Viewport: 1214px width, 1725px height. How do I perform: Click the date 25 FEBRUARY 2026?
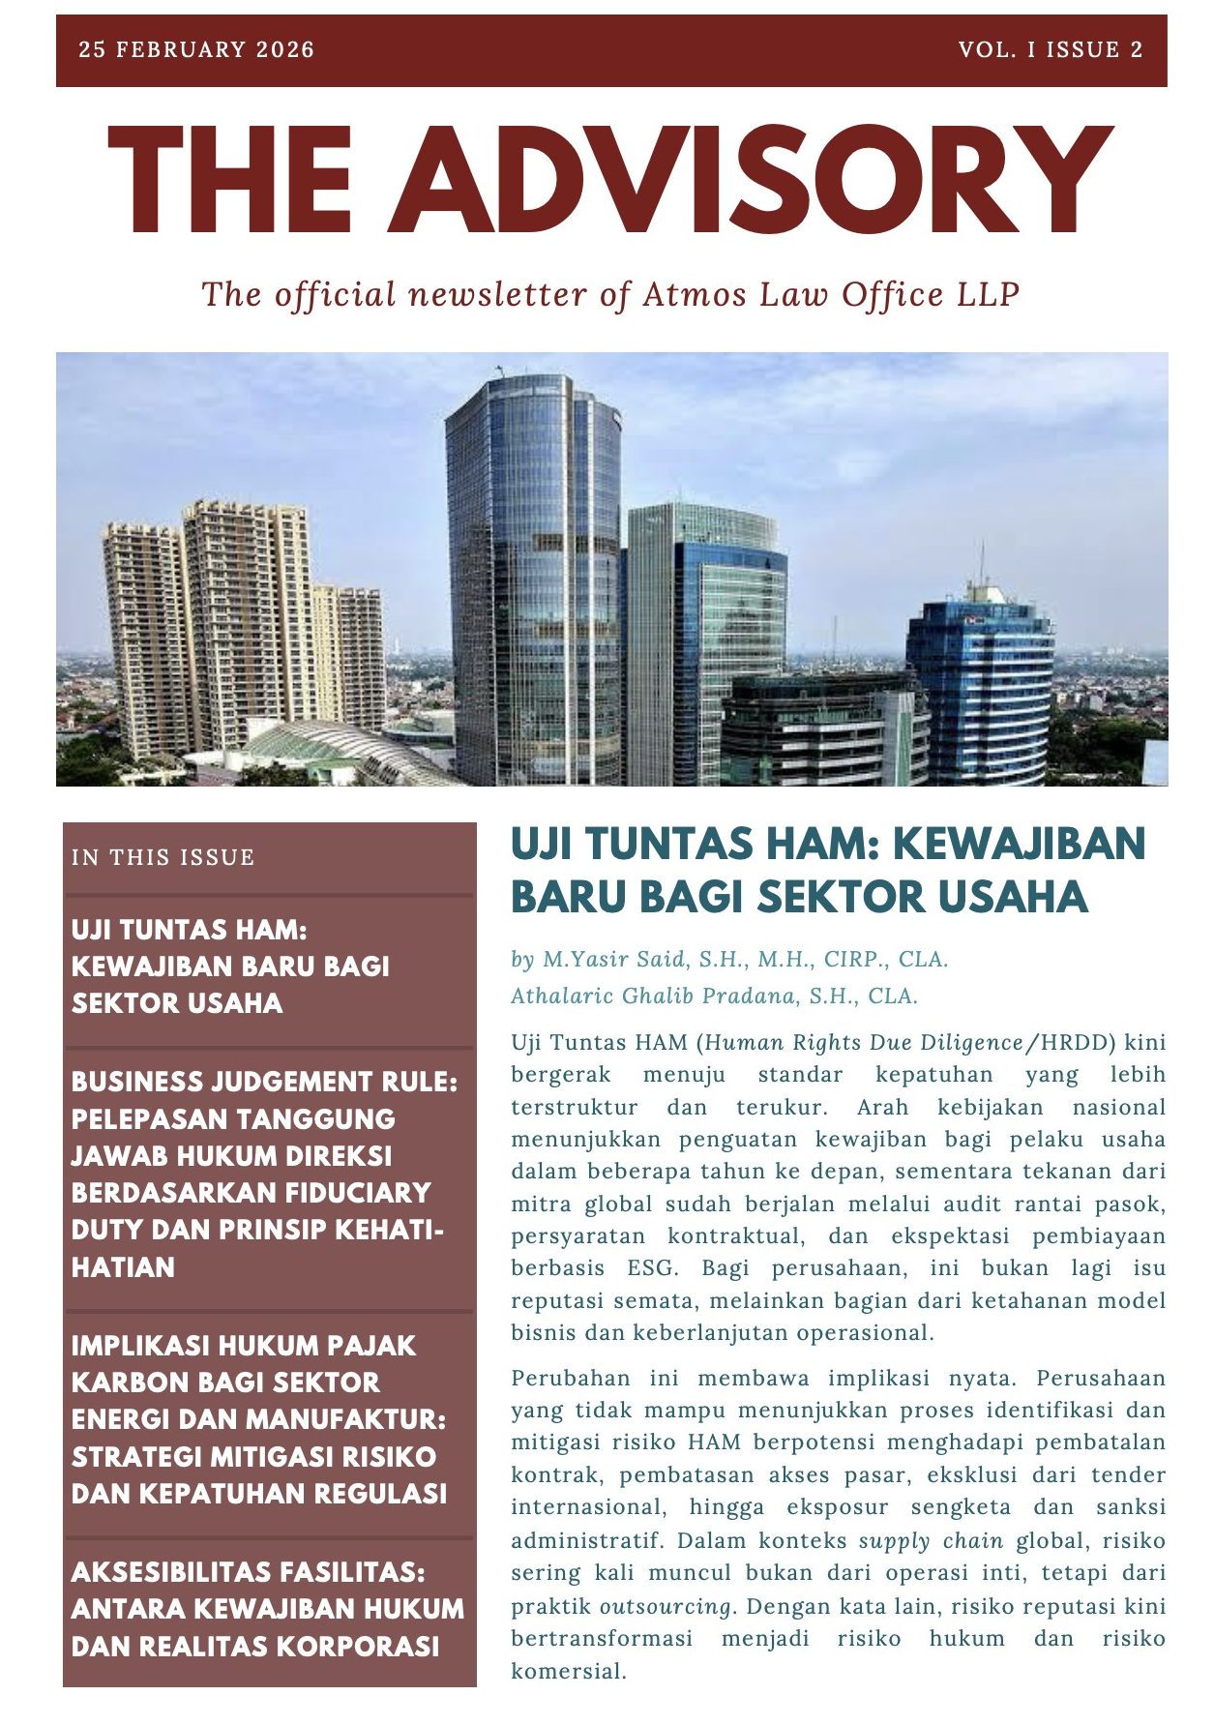(196, 50)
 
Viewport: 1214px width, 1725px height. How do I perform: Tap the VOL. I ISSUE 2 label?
(1051, 50)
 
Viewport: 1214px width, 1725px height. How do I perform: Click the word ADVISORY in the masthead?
(752, 181)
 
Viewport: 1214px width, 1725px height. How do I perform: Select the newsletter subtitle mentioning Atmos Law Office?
(610, 294)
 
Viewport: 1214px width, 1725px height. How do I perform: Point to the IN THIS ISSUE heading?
(163, 857)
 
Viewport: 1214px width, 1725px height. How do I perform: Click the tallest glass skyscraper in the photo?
(533, 580)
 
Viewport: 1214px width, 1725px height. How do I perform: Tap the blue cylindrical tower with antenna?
(980, 687)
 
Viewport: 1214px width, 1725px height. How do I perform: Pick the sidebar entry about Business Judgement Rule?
(264, 1174)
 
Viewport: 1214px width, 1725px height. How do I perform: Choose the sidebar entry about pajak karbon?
(259, 1419)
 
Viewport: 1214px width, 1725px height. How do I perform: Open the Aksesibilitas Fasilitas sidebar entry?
(267, 1609)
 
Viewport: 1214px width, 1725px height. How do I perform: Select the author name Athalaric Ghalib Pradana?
(714, 996)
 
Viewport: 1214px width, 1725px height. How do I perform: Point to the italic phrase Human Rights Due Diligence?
(864, 1042)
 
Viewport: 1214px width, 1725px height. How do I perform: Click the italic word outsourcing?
(666, 1606)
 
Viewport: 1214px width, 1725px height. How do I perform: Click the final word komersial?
(568, 1671)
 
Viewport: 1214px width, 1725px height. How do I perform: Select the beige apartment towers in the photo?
(242, 629)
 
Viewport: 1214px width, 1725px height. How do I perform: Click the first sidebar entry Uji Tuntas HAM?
(230, 967)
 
